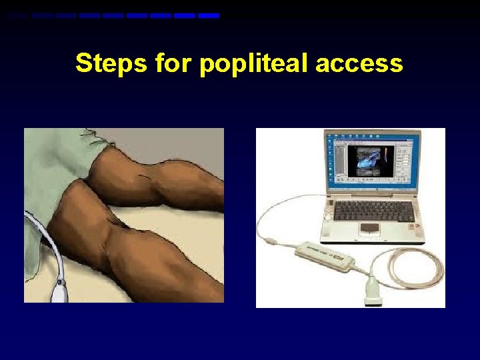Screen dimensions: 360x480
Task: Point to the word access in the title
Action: tap(360, 63)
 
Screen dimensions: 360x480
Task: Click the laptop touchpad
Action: tap(370, 228)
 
